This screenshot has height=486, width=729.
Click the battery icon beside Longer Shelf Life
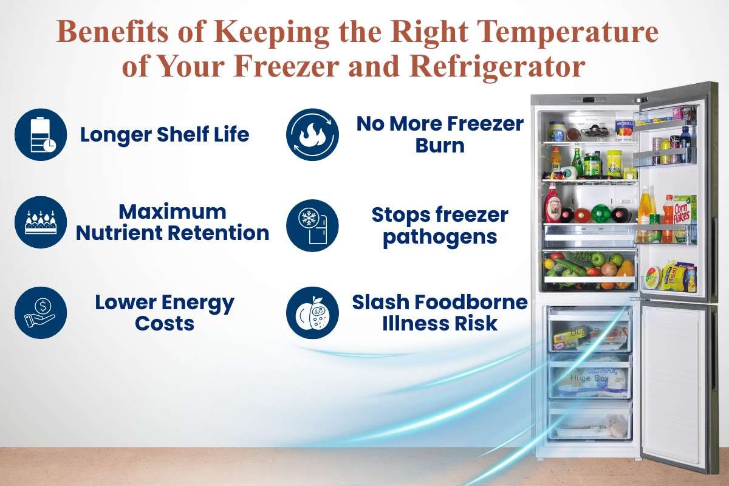point(41,134)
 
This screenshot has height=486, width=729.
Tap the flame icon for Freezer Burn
point(312,134)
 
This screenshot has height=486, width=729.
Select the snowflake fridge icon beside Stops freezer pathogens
point(312,225)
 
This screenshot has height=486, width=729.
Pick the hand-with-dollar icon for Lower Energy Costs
point(41,312)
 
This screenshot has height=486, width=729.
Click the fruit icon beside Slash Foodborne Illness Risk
point(312,312)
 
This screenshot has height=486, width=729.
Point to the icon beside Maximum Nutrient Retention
point(41,222)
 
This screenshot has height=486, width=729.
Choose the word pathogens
point(439,236)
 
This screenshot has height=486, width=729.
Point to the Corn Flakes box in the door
point(685,210)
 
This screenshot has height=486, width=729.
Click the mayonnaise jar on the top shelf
point(556,131)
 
